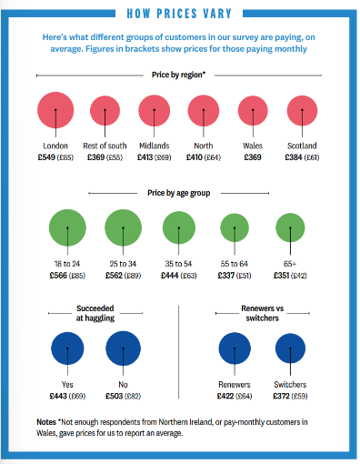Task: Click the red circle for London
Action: (x=55, y=110)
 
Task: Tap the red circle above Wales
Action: (x=253, y=110)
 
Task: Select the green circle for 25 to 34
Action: (x=123, y=227)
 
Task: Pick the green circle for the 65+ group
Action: (x=290, y=227)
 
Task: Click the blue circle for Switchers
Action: (x=290, y=348)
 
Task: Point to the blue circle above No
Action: (x=123, y=348)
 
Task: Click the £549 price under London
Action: (x=46, y=157)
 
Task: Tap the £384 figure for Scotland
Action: (x=294, y=157)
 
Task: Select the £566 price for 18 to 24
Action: (x=58, y=276)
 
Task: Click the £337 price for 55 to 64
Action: (x=226, y=276)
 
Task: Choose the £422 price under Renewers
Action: (x=225, y=396)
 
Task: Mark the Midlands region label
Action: (x=155, y=146)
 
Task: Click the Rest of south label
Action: (x=105, y=146)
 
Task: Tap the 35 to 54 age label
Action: (x=178, y=264)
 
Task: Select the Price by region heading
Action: (x=179, y=75)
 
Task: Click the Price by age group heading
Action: (x=179, y=193)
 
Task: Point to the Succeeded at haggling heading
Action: (x=95, y=313)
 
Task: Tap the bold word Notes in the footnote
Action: (x=46, y=422)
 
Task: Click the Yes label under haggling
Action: (x=67, y=385)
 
